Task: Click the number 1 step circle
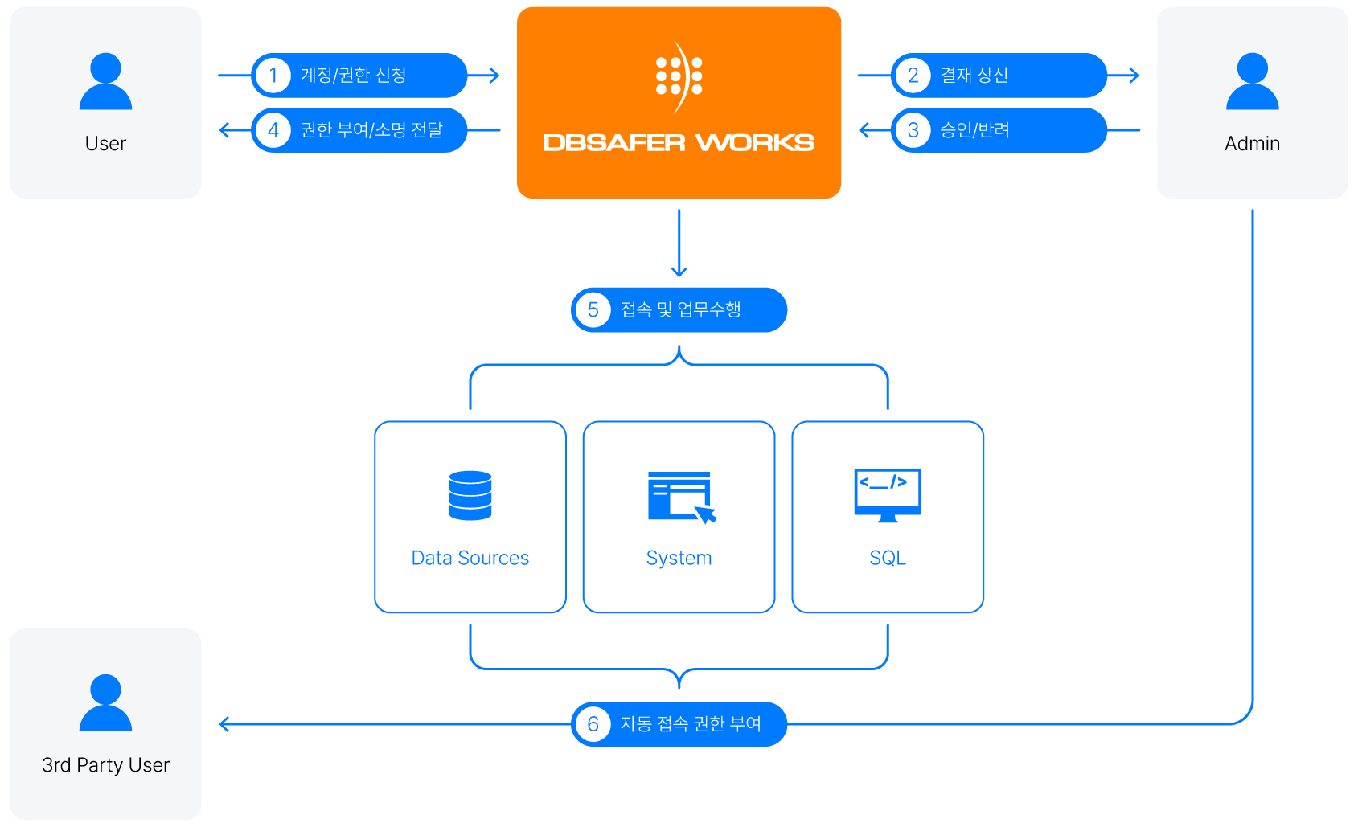tap(273, 76)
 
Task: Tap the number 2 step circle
tap(913, 76)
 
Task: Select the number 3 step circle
tap(913, 130)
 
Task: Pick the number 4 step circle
tap(273, 130)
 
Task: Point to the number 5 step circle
tap(593, 310)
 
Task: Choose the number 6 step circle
tap(593, 724)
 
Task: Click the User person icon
tap(105, 81)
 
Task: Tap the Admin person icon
tap(1252, 81)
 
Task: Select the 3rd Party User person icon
tap(105, 702)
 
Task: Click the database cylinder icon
tap(470, 495)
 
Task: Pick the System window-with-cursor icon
tap(683, 498)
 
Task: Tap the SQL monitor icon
tap(888, 494)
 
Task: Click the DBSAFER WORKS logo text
tap(679, 143)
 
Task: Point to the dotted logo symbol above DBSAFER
tap(679, 76)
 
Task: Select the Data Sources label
tap(470, 558)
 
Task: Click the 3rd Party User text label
tap(105, 765)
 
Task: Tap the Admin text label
tap(1252, 144)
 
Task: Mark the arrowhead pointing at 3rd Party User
tap(224, 724)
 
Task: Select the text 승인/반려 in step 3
tap(974, 130)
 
